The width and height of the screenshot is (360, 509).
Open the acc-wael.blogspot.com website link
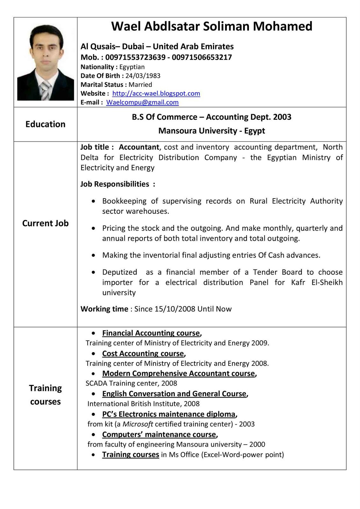156,94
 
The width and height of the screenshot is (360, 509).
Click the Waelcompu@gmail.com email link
142,102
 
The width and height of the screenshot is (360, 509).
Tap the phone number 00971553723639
135,57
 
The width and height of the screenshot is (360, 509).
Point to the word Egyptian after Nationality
132,67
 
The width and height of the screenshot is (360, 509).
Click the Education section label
46,124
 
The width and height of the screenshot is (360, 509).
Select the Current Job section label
46,223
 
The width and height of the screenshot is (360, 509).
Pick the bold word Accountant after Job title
139,147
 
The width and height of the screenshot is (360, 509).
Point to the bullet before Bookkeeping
93,201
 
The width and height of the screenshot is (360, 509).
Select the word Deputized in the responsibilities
120,272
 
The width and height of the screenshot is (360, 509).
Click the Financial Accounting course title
151,333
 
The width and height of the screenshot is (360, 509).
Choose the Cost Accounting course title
143,353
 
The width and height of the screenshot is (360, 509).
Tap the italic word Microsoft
138,424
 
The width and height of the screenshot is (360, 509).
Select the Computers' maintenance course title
159,435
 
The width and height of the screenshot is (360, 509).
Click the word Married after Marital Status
140,85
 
